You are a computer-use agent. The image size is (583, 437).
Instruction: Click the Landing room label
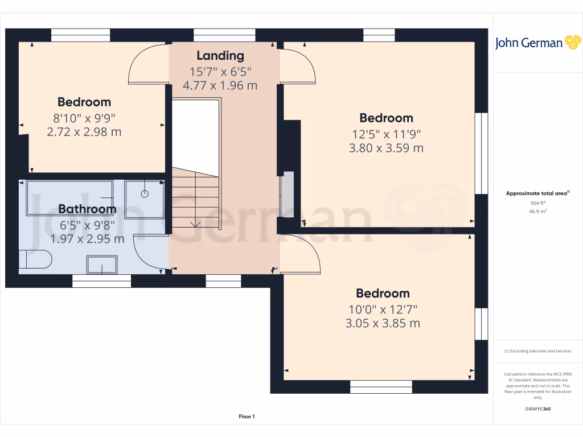coord(220,56)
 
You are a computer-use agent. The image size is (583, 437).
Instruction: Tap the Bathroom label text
coord(87,209)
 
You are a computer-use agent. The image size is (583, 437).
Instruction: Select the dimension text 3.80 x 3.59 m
coord(386,149)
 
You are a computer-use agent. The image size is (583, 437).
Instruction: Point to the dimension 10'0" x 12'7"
coord(383,310)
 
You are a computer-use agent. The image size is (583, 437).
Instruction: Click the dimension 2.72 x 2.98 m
coord(84,133)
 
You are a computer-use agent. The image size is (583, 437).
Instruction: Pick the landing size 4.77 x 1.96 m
coord(220,86)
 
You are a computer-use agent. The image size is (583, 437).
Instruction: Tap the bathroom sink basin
coord(101,264)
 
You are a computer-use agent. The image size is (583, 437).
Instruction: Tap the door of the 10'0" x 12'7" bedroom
coord(301,253)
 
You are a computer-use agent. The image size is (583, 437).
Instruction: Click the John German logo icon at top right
coord(572,43)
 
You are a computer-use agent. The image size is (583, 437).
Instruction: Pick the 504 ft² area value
coord(538,203)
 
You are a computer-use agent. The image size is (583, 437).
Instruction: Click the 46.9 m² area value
coord(538,211)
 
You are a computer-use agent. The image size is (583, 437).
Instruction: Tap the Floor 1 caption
coord(247,417)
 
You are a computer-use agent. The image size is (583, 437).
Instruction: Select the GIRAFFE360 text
coord(538,409)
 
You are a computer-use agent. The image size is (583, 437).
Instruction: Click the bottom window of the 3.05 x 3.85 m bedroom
coord(381,387)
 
